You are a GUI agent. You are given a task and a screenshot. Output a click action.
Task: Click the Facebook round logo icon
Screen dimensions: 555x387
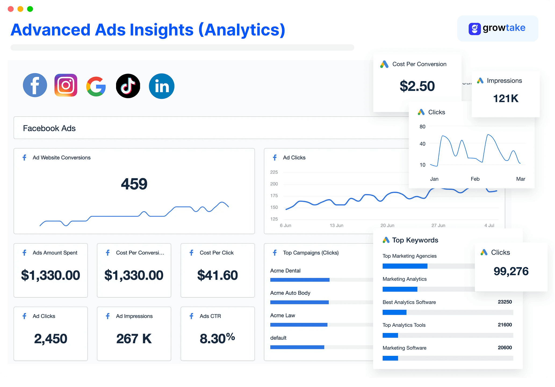[x=35, y=85]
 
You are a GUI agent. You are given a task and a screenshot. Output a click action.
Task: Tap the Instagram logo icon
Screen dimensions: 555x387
[x=66, y=85]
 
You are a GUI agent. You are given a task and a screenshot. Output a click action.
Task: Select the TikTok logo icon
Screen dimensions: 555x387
[x=128, y=86]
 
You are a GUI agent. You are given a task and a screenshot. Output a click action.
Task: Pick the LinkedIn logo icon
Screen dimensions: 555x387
[x=161, y=86]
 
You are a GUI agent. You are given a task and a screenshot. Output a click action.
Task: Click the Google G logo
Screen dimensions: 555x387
[x=96, y=87]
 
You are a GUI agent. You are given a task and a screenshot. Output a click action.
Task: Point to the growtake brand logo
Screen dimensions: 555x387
[x=497, y=28]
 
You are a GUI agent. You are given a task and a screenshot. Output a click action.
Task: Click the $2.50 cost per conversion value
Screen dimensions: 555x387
[x=417, y=86]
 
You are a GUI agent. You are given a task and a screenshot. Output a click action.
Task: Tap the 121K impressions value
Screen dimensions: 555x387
[x=506, y=98]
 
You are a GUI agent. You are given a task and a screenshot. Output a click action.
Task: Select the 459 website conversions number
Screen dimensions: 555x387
[x=134, y=184]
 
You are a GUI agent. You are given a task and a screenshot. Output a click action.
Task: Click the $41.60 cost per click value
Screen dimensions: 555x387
[x=218, y=275]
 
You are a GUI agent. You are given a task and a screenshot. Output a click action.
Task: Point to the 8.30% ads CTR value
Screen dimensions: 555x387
[x=217, y=338]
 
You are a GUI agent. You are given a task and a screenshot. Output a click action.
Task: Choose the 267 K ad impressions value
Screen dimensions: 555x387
[x=134, y=338]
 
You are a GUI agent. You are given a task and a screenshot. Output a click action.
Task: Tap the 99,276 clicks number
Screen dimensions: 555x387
[x=511, y=271]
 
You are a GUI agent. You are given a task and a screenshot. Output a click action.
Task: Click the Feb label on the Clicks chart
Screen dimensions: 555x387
[x=475, y=179]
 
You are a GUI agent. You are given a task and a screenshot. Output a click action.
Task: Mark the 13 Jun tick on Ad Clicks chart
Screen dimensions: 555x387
[x=336, y=225]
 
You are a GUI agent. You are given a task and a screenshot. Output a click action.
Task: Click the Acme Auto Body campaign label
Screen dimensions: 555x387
[x=290, y=293]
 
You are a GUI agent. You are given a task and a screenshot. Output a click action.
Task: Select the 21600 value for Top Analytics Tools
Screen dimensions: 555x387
[x=505, y=325]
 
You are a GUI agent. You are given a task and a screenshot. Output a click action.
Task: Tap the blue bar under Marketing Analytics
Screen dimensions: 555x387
[x=400, y=289]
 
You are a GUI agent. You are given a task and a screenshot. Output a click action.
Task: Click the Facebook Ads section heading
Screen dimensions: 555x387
[x=49, y=128]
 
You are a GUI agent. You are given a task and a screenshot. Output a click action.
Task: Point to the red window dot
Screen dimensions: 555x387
[x=11, y=9]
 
